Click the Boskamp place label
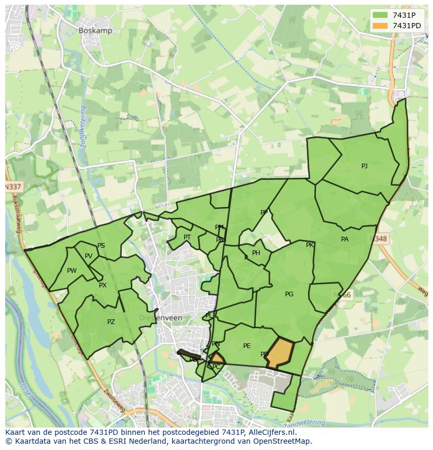click(95, 31)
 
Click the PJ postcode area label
click(364, 166)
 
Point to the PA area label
click(345, 239)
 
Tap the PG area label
click(289, 294)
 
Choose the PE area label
click(247, 346)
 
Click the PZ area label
click(111, 322)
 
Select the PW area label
click(72, 271)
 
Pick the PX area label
click(102, 285)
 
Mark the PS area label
click(101, 246)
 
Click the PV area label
click(88, 256)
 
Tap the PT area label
click(187, 237)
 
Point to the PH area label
click(256, 253)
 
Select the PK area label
click(310, 245)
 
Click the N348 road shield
click(381, 239)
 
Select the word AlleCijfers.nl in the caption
click(272, 432)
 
